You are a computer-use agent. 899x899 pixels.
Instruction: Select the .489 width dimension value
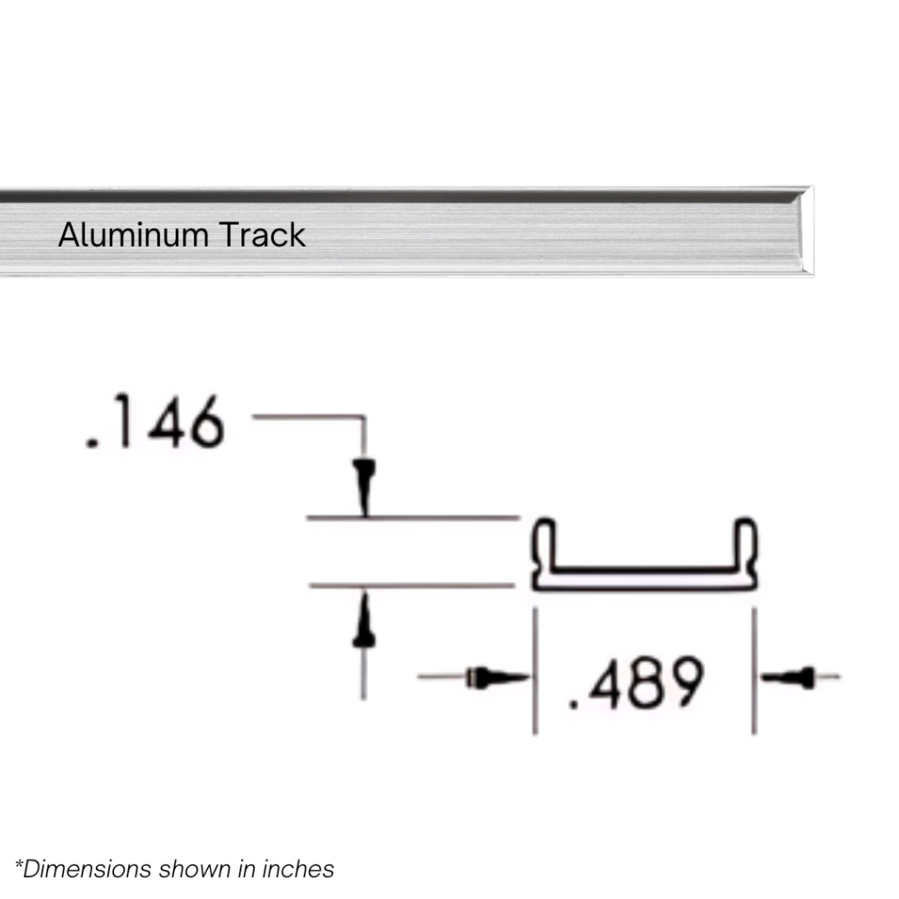(636, 683)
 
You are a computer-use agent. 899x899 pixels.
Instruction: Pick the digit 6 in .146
(205, 425)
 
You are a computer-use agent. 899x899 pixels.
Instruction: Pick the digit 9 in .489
(683, 683)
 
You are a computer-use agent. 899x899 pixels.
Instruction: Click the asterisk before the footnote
(18, 865)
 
